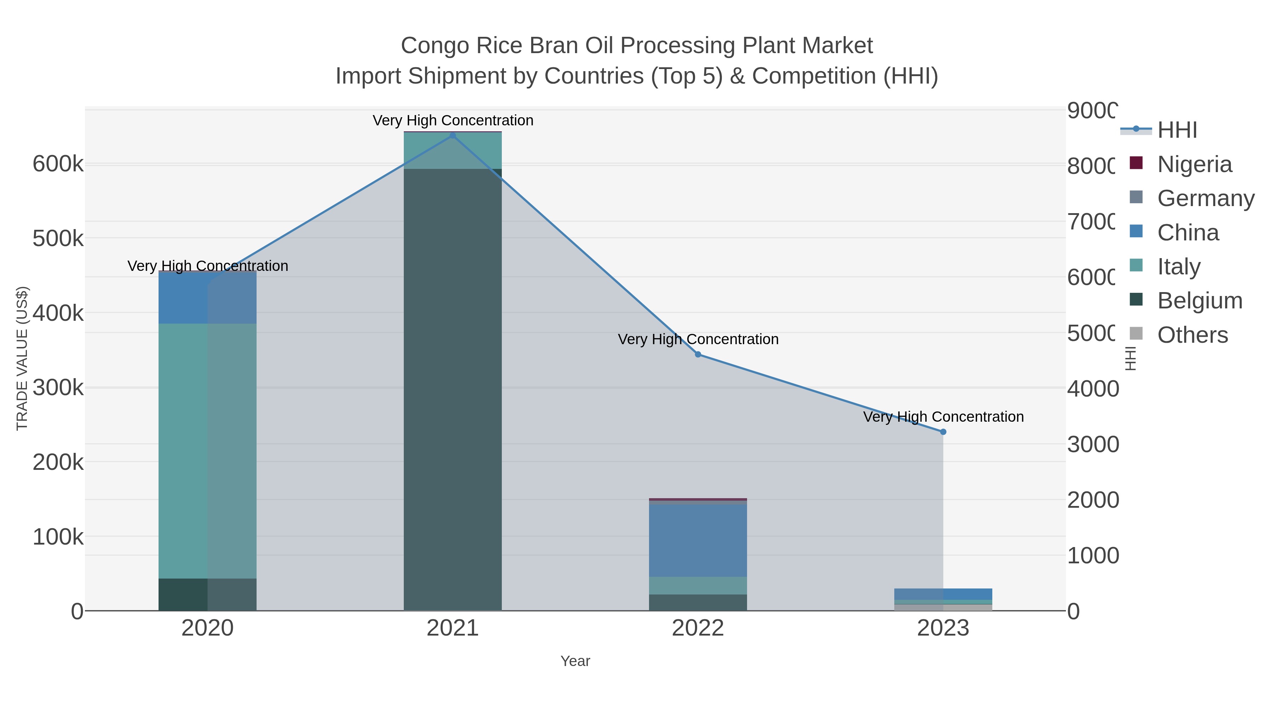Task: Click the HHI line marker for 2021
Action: point(453,136)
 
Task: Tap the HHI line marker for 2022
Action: point(698,354)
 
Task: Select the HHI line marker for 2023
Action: point(943,432)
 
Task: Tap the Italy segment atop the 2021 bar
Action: point(453,151)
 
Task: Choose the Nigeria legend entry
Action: point(1194,164)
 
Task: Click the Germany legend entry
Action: point(1205,198)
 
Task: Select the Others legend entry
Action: point(1192,335)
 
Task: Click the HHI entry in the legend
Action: point(1177,130)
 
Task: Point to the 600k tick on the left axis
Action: point(58,164)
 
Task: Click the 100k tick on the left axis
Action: point(58,537)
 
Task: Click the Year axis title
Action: point(575,661)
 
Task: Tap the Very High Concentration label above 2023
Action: point(943,417)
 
